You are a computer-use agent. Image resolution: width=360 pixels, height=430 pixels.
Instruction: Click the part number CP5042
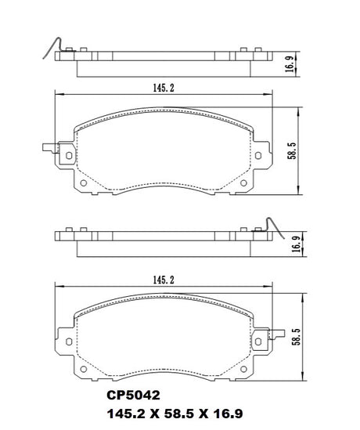133,396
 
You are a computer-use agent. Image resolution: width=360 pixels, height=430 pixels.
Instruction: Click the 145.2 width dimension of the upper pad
164,88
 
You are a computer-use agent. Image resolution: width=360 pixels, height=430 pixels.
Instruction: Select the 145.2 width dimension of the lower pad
164,280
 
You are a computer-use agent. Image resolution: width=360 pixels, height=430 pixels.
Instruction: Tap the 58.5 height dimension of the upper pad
292,150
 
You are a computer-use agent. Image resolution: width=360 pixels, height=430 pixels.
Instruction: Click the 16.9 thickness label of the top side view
290,64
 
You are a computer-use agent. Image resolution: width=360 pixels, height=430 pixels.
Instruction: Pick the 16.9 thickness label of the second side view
297,244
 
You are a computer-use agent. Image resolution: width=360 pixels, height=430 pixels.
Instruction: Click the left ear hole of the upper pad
69,156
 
